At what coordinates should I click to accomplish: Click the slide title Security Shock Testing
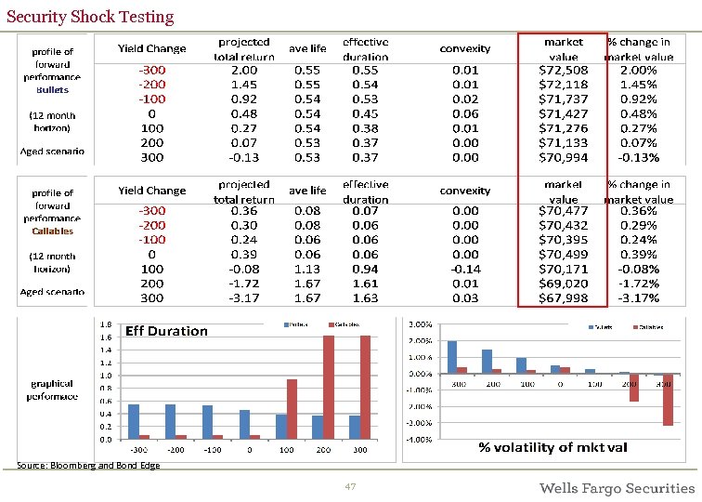[x=90, y=17]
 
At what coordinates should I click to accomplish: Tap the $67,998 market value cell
[x=564, y=298]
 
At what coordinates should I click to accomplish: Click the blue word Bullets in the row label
[x=53, y=90]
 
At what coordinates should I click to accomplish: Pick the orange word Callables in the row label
[x=53, y=231]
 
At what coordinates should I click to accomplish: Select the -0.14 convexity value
[x=465, y=269]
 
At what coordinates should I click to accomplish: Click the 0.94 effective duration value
[x=365, y=269]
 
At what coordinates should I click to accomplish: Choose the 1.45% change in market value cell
[x=638, y=85]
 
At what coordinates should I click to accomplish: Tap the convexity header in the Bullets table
[x=465, y=48]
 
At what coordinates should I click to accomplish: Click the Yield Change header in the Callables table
[x=151, y=191]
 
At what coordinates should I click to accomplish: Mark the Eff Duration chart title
[x=166, y=331]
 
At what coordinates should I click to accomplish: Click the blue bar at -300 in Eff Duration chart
[x=134, y=421]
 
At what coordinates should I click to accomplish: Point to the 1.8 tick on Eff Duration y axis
[x=107, y=324]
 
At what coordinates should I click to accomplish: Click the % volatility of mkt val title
[x=552, y=447]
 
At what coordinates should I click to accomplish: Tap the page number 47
[x=350, y=487]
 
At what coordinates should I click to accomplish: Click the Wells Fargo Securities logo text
[x=617, y=488]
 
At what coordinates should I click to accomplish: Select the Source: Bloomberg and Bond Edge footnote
[x=89, y=465]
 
